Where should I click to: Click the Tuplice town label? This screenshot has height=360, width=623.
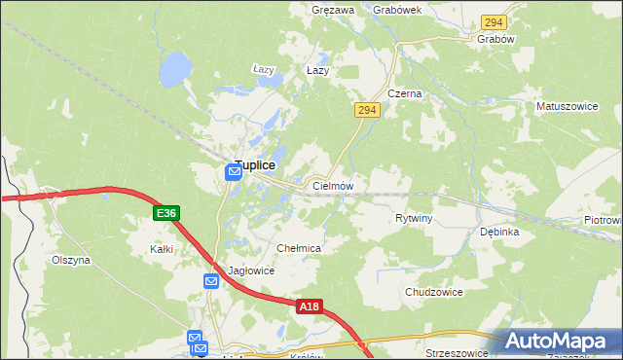(261, 165)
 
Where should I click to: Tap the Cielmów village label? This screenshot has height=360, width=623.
(332, 185)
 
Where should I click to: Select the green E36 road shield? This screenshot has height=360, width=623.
(165, 213)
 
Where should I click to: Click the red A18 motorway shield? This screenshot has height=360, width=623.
(309, 306)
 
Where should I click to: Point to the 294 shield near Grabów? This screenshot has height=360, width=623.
(494, 21)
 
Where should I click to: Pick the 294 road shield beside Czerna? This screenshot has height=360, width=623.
(366, 111)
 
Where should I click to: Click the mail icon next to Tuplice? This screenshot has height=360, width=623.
(234, 172)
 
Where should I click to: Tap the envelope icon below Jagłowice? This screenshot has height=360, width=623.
(211, 281)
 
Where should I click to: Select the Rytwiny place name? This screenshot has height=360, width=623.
(414, 218)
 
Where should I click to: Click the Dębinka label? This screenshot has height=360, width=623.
(499, 233)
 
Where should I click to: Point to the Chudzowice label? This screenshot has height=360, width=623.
(433, 292)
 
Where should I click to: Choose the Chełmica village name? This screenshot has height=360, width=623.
(299, 249)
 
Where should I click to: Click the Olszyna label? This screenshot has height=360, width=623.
(71, 261)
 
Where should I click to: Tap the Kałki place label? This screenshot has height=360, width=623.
(162, 249)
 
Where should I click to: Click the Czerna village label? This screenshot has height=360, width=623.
(404, 93)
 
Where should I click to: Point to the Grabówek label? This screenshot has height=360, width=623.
(396, 10)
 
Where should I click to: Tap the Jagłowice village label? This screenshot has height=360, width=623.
(251, 270)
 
